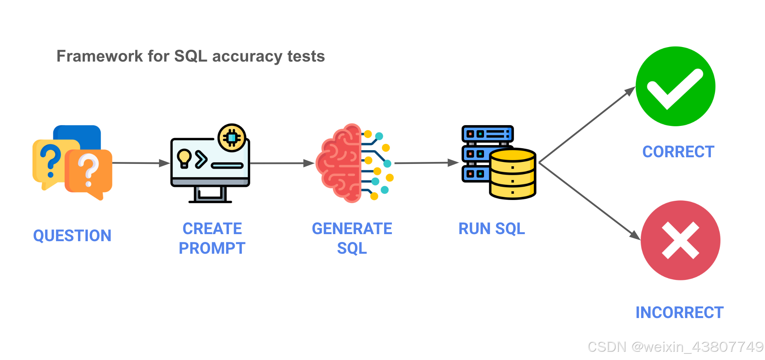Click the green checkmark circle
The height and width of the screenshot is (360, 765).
(x=675, y=86)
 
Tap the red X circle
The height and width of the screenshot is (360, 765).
(x=680, y=240)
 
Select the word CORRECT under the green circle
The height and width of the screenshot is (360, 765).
(x=678, y=152)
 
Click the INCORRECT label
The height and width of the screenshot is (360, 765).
(x=679, y=313)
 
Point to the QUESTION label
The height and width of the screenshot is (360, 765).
(x=72, y=236)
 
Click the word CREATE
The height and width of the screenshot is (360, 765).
(x=212, y=229)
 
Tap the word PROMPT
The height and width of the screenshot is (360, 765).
(x=212, y=248)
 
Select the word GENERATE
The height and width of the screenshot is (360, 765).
(x=352, y=229)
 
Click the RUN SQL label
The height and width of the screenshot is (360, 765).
(x=491, y=229)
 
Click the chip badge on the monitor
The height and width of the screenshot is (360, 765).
(x=232, y=138)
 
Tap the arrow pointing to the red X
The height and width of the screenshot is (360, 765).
(x=589, y=201)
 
